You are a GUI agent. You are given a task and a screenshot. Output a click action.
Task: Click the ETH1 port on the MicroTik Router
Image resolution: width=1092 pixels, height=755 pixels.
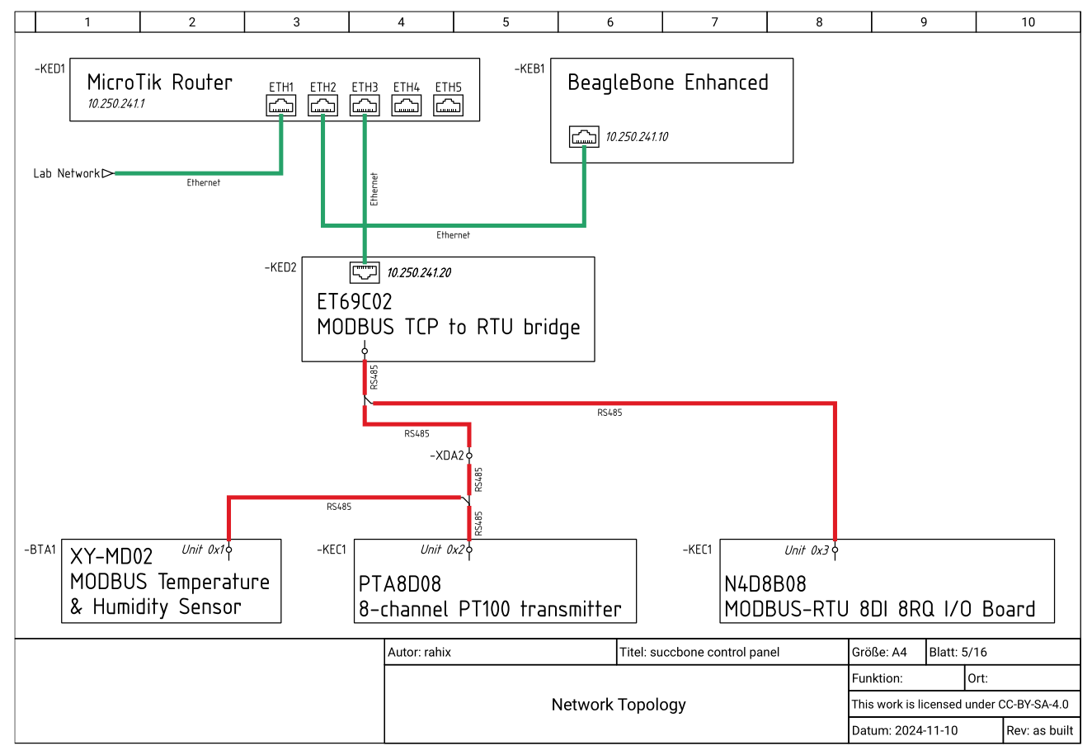[281, 105]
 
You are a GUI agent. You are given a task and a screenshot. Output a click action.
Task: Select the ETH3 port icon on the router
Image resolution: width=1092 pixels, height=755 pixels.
[365, 105]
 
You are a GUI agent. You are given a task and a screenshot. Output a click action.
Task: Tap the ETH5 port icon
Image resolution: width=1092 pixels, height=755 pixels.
[448, 105]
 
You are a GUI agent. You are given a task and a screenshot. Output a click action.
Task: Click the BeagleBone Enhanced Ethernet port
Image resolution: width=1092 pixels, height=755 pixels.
[584, 137]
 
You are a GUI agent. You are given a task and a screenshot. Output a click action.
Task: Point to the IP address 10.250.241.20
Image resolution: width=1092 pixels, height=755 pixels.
[419, 273]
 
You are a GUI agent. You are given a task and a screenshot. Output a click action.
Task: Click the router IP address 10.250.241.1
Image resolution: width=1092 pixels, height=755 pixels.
[116, 105]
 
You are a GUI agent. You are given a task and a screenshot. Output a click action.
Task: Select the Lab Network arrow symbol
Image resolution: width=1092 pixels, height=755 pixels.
[107, 173]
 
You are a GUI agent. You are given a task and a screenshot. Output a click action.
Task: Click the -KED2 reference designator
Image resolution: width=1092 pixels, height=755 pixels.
[280, 267]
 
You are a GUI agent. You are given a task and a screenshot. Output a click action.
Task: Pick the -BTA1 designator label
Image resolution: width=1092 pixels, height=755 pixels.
[40, 550]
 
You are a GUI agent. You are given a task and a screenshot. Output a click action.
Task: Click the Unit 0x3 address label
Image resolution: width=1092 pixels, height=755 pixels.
[806, 550]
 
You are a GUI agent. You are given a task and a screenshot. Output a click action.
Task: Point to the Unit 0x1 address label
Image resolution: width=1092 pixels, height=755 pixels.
[203, 550]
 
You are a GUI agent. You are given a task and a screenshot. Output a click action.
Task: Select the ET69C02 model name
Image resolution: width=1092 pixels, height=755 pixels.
[355, 302]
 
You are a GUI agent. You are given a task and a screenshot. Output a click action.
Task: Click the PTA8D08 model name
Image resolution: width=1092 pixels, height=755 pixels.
[400, 584]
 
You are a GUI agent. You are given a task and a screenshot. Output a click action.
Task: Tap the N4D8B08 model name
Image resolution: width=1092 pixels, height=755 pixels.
[765, 584]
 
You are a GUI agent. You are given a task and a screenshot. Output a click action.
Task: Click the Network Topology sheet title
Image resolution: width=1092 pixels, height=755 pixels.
[619, 705]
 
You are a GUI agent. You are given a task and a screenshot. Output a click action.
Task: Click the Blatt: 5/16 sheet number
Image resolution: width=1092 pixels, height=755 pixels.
[958, 652]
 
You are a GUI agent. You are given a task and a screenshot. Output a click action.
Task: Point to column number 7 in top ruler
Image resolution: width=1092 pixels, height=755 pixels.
[714, 22]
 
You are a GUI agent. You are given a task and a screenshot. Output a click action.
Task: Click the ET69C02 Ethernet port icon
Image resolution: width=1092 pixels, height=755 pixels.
[365, 271]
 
